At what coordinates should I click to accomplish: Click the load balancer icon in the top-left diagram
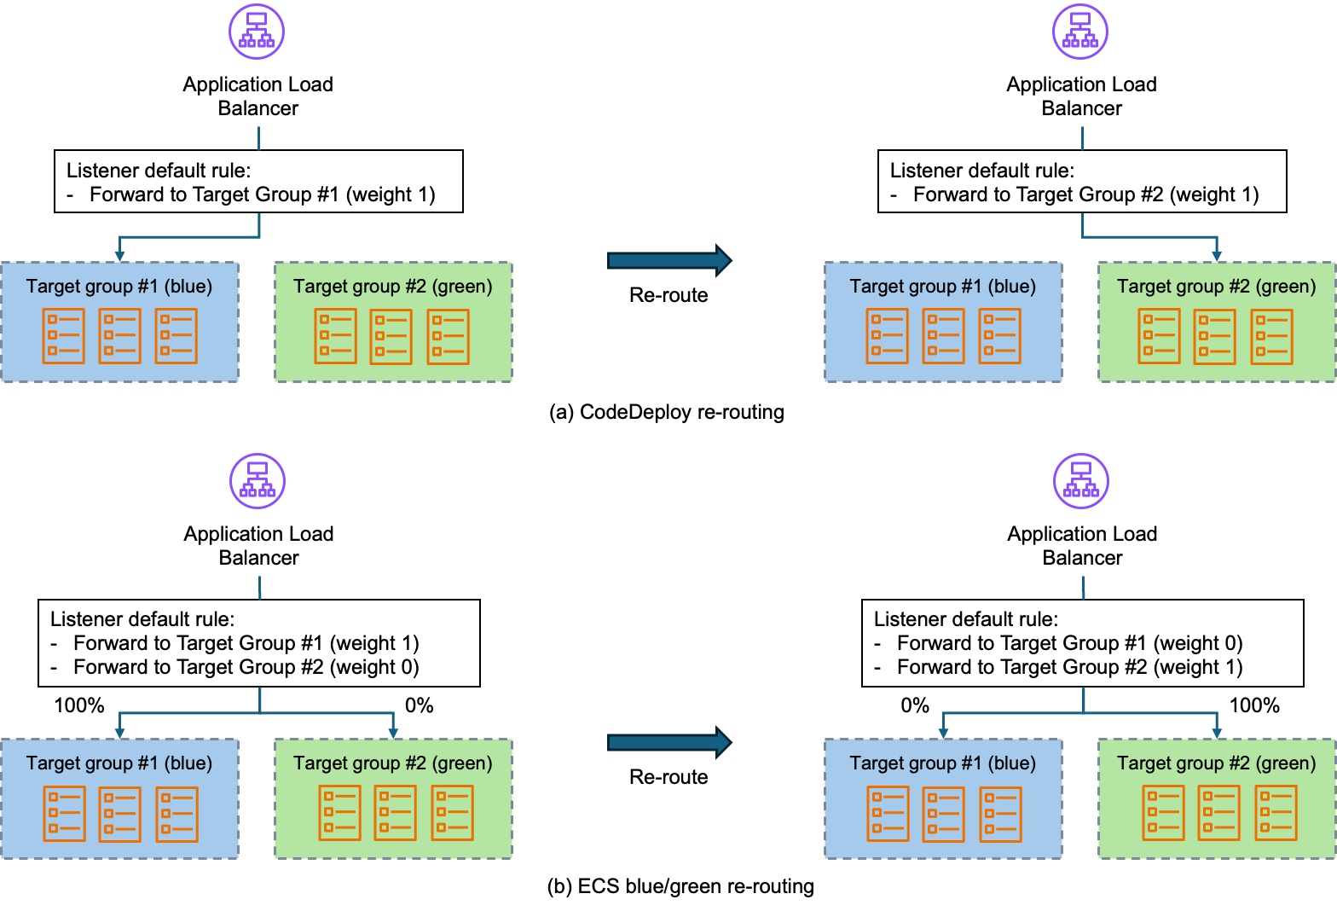257,32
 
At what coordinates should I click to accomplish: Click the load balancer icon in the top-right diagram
1080,32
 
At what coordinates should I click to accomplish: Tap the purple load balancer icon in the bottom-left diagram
258,481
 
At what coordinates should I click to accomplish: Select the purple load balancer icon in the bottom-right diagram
1081,481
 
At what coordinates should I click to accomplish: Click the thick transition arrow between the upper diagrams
668,260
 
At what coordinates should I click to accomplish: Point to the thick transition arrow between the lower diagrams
668,743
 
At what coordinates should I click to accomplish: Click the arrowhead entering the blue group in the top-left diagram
119,254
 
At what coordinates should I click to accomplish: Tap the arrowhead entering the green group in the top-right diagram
1217,254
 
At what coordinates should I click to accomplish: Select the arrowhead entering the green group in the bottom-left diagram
393,731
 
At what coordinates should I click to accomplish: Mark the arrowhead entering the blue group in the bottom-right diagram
943,731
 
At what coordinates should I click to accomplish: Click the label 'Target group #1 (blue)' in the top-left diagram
119,287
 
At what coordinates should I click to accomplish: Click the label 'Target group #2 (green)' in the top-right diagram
1216,287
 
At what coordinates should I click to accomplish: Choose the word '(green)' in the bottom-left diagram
462,763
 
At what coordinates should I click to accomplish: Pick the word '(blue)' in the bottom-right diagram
1011,763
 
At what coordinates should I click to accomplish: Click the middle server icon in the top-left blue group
119,336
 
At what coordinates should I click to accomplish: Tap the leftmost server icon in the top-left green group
335,336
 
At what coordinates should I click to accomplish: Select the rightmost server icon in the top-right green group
1271,337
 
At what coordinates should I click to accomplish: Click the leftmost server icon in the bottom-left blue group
64,814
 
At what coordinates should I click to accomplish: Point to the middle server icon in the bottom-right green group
1218,813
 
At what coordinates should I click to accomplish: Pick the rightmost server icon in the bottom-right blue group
1000,814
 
